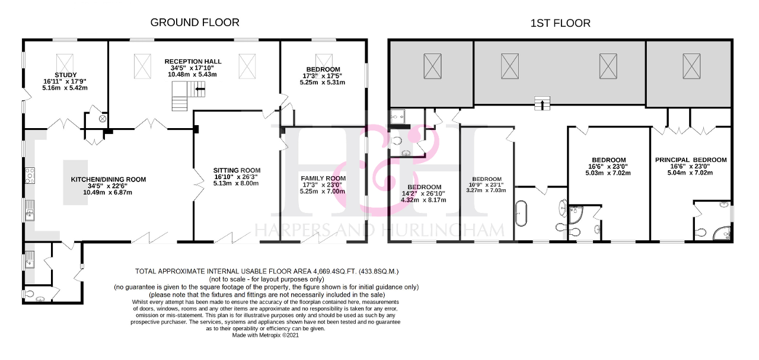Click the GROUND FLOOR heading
(x=194, y=23)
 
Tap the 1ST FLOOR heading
(x=560, y=23)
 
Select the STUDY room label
(x=65, y=75)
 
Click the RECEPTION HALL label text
(x=193, y=61)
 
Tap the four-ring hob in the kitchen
(x=29, y=176)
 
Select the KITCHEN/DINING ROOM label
(x=108, y=180)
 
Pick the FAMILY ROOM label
(x=323, y=179)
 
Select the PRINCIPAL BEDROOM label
(x=691, y=160)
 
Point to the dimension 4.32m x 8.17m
(x=424, y=200)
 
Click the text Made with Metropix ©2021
(x=266, y=335)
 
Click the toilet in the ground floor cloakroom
(x=30, y=294)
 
